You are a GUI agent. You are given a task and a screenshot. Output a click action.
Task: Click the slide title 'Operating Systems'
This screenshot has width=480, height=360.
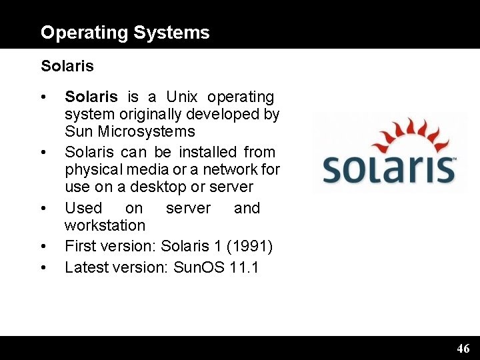[125, 33]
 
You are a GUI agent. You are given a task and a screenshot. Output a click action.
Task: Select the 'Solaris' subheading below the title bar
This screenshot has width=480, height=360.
[67, 66]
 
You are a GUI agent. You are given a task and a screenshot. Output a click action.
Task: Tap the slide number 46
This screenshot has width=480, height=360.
[463, 348]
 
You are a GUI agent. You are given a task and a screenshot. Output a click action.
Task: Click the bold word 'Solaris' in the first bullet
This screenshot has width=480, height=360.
[91, 97]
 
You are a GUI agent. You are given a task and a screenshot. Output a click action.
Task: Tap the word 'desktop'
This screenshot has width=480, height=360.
[177, 187]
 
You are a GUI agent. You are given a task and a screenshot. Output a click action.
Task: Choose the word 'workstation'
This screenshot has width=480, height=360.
[105, 226]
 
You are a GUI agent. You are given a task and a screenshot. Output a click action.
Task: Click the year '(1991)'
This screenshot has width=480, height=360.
[249, 247]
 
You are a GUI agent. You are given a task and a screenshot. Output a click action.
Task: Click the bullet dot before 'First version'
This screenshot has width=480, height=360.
[43, 247]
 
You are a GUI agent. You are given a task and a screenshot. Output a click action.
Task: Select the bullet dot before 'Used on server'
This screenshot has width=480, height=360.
[43, 209]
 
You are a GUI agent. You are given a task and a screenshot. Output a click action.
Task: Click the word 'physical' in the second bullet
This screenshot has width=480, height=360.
[90, 170]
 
